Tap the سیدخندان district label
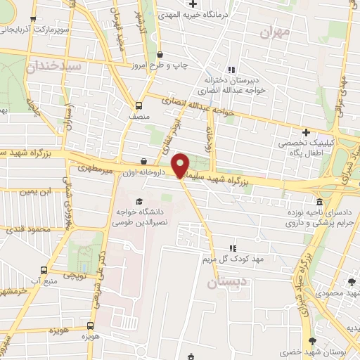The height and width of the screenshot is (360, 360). coord(55,65)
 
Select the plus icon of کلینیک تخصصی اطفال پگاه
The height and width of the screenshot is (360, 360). coord(305,132)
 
